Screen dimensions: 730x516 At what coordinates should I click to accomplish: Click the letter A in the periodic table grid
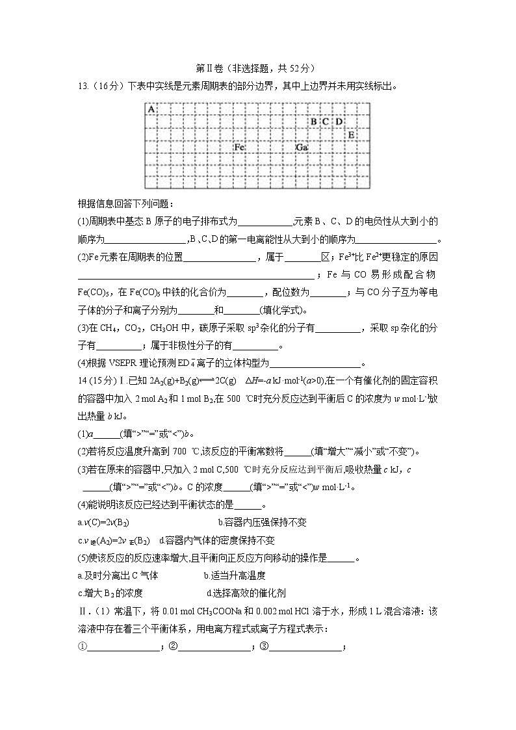tap(151, 109)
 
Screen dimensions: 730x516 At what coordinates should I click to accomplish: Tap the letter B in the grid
tap(313, 122)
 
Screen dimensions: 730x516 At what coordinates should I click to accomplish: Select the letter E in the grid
tap(351, 135)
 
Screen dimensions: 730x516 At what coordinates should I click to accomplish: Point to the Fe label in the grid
tap(239, 148)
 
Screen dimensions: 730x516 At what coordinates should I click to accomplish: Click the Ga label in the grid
tap(302, 148)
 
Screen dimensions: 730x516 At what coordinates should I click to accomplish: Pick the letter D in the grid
tap(339, 122)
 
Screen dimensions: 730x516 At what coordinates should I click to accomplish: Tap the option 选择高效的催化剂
tap(246, 593)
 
